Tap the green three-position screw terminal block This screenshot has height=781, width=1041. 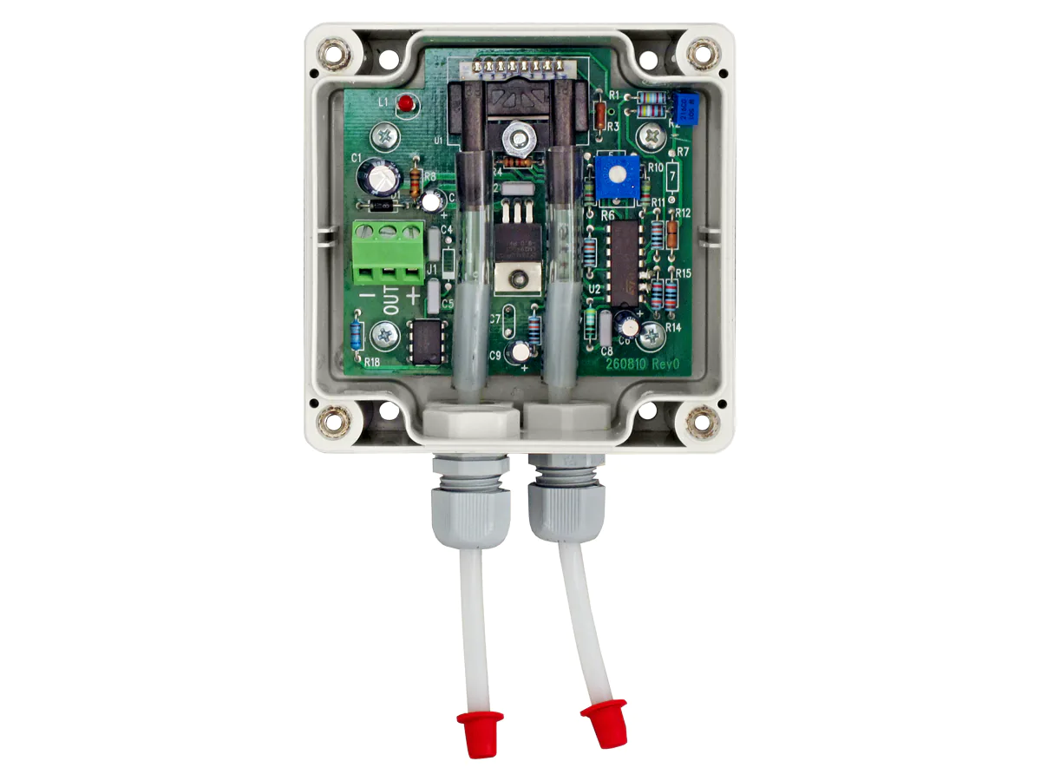[x=388, y=253]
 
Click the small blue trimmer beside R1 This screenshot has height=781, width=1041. [x=688, y=111]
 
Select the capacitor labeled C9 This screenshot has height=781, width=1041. [x=520, y=352]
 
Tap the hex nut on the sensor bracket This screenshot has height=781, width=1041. [x=519, y=135]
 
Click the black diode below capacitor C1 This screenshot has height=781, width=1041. [x=379, y=206]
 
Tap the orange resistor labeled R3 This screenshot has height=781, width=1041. [x=599, y=114]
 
